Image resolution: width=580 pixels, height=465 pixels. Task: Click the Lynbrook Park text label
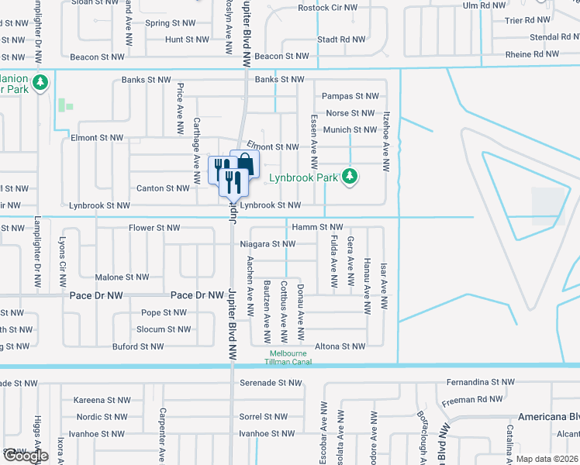303,177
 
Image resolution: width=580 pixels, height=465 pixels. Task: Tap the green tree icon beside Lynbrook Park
350,177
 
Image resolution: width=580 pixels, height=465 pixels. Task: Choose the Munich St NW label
350,130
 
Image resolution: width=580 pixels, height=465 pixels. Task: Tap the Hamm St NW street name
317,227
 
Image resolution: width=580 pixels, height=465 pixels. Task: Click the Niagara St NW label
268,244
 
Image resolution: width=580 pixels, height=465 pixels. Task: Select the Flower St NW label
154,229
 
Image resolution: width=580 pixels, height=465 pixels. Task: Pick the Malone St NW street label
122,277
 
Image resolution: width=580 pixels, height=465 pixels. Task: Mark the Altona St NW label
340,346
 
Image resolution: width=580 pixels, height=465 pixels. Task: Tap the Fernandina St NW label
481,382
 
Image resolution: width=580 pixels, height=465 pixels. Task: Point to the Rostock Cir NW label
329,9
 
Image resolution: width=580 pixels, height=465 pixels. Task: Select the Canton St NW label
163,188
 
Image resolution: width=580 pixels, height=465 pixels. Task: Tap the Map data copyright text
547,459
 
